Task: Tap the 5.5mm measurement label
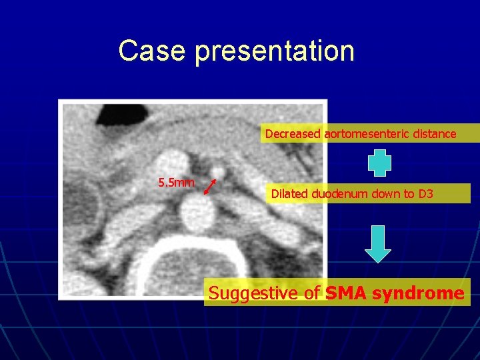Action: coord(176,182)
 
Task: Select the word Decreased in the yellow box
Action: coord(293,134)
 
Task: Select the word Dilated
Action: coord(288,194)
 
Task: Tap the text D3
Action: coord(425,194)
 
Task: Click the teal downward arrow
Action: coord(379,243)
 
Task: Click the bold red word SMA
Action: coord(347,293)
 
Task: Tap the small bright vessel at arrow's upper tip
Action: coord(217,173)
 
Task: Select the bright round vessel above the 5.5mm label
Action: coord(173,163)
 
